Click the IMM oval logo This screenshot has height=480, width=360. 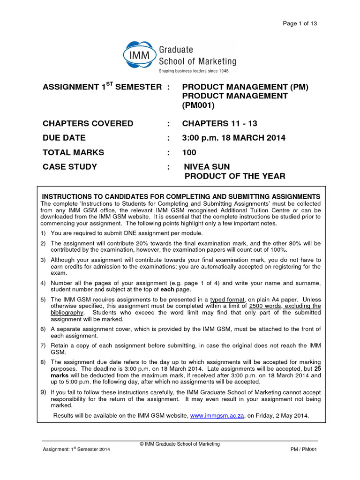coord(139,55)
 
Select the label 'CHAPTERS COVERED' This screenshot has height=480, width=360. coord(88,124)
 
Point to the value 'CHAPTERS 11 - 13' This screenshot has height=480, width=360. coord(219,124)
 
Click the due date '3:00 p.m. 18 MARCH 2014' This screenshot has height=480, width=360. coord(233,138)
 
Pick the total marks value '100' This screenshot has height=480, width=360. coord(189,152)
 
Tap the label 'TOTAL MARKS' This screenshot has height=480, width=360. coord(73,152)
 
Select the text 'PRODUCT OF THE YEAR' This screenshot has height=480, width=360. coord(234,176)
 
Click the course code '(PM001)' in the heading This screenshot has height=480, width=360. coord(198,105)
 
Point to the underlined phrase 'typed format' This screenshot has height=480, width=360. coord(226,300)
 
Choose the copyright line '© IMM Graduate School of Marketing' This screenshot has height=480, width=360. coord(180,444)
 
